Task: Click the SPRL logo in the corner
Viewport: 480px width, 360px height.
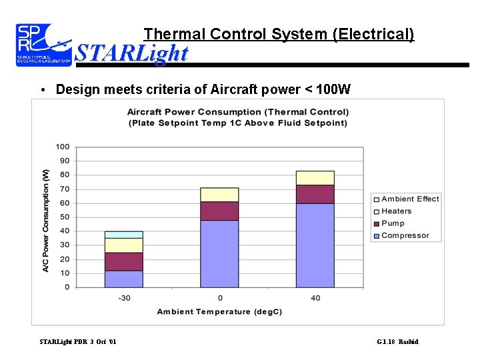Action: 43,45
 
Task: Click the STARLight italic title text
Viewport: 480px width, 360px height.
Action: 131,53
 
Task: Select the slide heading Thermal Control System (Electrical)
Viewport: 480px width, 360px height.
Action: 279,33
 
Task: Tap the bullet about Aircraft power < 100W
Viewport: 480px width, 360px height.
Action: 203,89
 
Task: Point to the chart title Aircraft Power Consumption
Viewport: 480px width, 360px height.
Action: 237,117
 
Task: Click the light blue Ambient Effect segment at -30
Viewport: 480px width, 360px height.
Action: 123,235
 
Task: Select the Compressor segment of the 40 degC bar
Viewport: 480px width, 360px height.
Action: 315,245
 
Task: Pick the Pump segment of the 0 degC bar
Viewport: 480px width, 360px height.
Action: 219,211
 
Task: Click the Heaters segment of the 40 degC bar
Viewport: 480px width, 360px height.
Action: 315,178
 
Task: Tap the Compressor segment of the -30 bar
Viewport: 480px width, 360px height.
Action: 123,279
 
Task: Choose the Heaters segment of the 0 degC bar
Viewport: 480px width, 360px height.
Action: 219,195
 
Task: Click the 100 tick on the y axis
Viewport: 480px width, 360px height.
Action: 63,147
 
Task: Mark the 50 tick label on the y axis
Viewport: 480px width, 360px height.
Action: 65,217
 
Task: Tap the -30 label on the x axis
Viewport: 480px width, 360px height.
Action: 124,297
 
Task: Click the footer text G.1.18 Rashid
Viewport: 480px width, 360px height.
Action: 397,342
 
